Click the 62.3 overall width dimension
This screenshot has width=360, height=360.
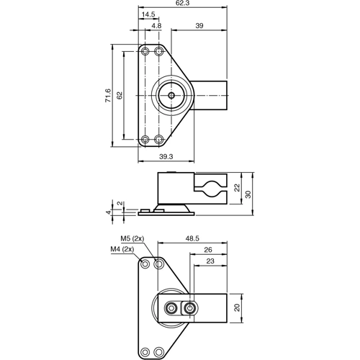click(183, 4)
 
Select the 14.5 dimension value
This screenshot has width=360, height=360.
click(148, 14)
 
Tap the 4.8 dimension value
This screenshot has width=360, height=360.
click(156, 25)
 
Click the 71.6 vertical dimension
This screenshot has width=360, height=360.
click(107, 95)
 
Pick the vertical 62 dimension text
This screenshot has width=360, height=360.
click(120, 95)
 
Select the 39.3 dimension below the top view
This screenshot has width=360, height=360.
click(166, 156)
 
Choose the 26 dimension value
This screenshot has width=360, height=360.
click(207, 250)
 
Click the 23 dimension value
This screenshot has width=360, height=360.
click(210, 262)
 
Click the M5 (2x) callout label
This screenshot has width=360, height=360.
click(132, 238)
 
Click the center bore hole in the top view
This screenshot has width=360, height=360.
click(171, 94)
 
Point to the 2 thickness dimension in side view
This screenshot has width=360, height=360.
click(120, 203)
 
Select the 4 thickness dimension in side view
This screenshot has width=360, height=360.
click(109, 212)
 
